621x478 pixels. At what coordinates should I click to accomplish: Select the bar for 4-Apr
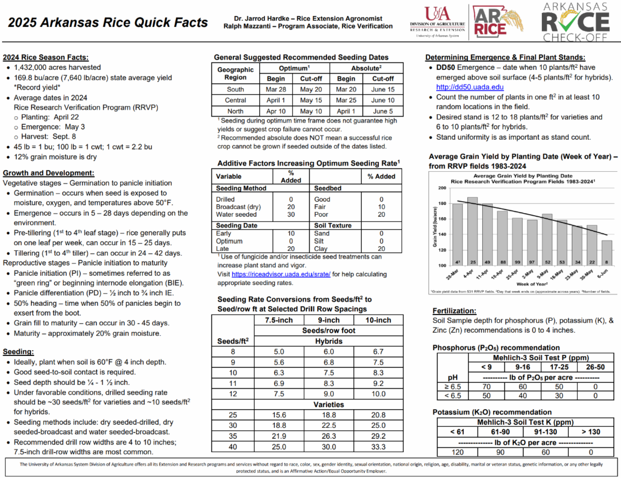tap(472, 231)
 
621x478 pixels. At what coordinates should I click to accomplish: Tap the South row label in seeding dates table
tap(235, 89)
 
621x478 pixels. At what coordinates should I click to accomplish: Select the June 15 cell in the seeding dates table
tap(383, 89)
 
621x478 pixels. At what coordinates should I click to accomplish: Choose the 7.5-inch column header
tap(278, 320)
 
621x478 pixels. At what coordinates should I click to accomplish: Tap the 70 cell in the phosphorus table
tap(486, 386)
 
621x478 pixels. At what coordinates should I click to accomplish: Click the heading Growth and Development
tap(49, 173)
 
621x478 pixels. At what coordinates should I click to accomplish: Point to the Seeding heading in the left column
tap(19, 351)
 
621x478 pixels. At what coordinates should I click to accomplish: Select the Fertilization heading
tap(454, 311)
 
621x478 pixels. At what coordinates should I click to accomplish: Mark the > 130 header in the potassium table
tap(592, 431)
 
